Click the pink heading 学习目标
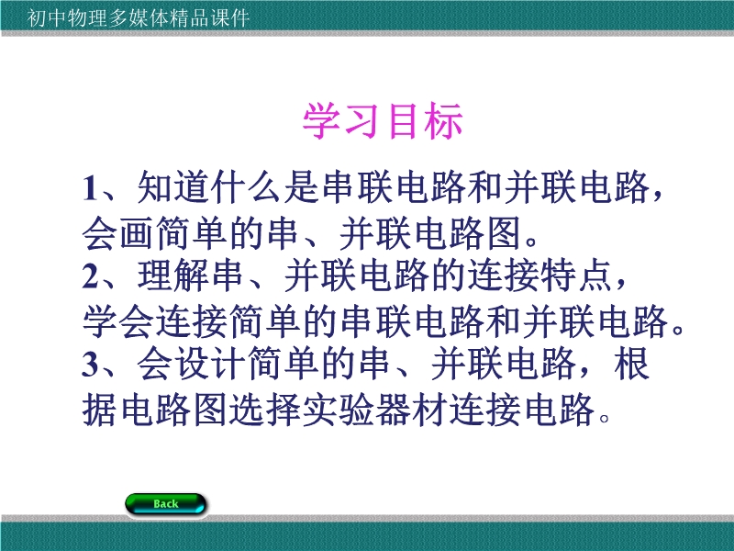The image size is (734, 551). point(383,121)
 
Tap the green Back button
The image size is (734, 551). point(166,504)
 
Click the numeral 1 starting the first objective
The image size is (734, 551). point(90,188)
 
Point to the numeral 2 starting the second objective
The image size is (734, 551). point(91,276)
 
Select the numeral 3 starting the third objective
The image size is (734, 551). point(91,364)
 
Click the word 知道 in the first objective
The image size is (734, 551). point(172,187)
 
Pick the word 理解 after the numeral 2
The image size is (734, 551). point(172,275)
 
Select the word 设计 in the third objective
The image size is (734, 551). point(210,364)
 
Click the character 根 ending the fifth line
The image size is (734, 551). point(632,364)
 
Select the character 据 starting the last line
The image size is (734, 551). point(100,410)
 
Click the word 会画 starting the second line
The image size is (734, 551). point(118,233)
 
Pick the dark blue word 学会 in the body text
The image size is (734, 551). point(118,321)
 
